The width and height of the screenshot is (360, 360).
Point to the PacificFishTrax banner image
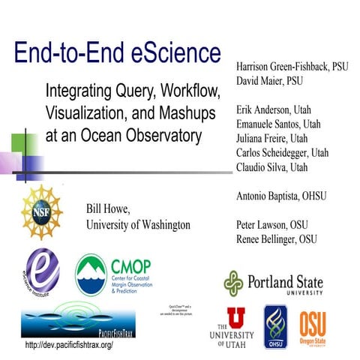72,319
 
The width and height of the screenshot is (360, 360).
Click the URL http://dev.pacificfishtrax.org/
69,345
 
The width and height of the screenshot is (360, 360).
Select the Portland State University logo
274,284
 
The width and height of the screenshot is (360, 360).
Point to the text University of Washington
138,224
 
